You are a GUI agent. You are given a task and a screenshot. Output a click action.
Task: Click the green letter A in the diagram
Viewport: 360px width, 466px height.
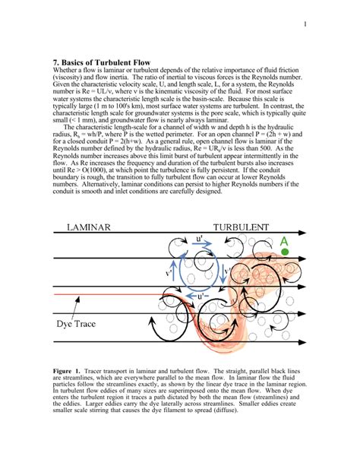coord(284,243)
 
